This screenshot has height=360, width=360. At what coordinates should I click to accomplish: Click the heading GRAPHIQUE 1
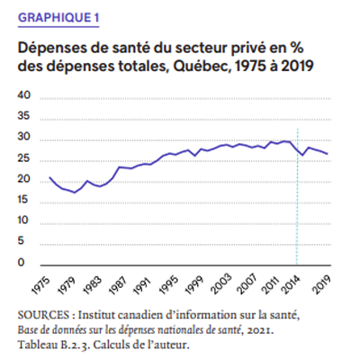[x=58, y=18]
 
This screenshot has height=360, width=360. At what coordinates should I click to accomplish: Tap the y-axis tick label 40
[x=24, y=95]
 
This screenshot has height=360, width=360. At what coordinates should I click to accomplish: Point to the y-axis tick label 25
[x=24, y=158]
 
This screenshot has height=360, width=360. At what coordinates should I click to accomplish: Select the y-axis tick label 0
[x=21, y=262]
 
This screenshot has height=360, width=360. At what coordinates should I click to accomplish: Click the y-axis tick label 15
[x=24, y=200]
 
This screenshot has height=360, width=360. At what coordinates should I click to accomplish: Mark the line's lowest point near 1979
[x=75, y=193]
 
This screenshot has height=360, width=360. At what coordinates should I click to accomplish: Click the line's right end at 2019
[x=328, y=154]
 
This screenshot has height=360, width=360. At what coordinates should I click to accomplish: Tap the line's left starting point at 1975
[x=49, y=177]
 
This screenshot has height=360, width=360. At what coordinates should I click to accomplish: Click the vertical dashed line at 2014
[x=297, y=197]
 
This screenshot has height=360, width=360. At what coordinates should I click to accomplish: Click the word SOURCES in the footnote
[x=43, y=315]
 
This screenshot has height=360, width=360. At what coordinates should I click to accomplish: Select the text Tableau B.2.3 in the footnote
[x=54, y=345]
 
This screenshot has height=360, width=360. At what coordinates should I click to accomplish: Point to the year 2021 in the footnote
[x=259, y=330]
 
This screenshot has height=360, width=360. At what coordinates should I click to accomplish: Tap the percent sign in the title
[x=297, y=48]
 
